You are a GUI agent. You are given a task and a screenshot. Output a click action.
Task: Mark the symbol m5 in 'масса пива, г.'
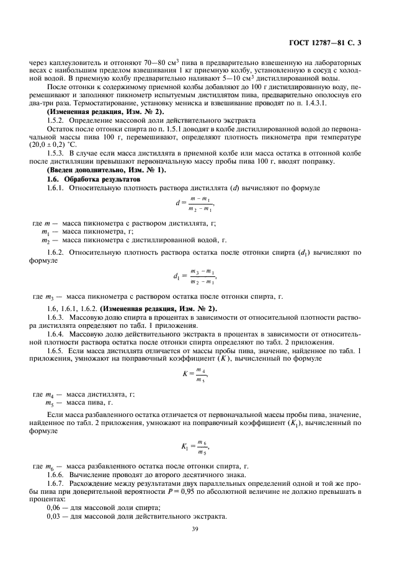click(x=45, y=403)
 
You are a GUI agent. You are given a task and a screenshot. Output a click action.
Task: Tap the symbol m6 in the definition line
click(x=45, y=465)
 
